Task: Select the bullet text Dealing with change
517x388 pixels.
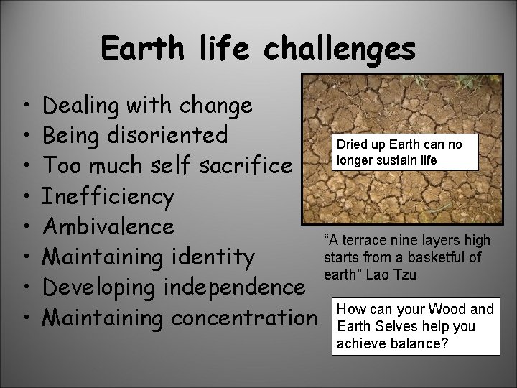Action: click(x=147, y=106)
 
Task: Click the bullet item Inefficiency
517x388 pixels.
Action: click(x=108, y=196)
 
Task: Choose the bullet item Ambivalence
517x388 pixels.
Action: click(x=108, y=226)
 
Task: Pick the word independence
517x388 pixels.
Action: click(x=230, y=287)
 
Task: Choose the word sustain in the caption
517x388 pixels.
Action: click(x=417, y=159)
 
